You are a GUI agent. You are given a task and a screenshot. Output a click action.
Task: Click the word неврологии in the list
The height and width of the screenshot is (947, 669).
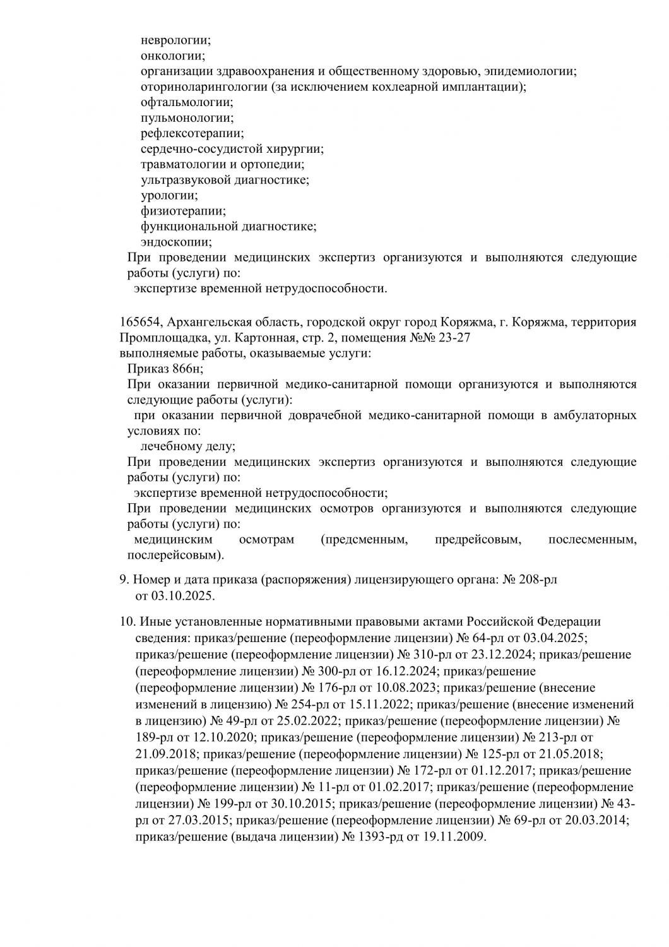(175, 40)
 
